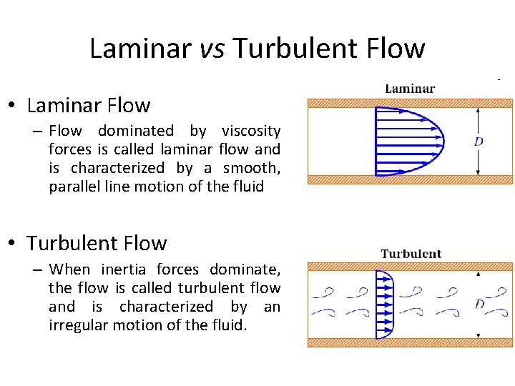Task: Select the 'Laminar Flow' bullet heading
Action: (88, 106)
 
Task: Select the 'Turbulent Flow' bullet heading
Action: (97, 243)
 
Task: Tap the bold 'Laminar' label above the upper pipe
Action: (410, 89)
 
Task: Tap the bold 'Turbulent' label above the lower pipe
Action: (411, 254)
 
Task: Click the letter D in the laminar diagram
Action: (479, 142)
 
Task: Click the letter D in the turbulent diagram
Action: (479, 304)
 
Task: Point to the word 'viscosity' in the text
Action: (251, 131)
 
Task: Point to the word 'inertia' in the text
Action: (124, 269)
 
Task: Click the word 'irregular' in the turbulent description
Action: (79, 325)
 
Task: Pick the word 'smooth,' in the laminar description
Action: (252, 168)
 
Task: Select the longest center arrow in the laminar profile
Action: (408, 141)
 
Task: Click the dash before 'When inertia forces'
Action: (39, 269)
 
